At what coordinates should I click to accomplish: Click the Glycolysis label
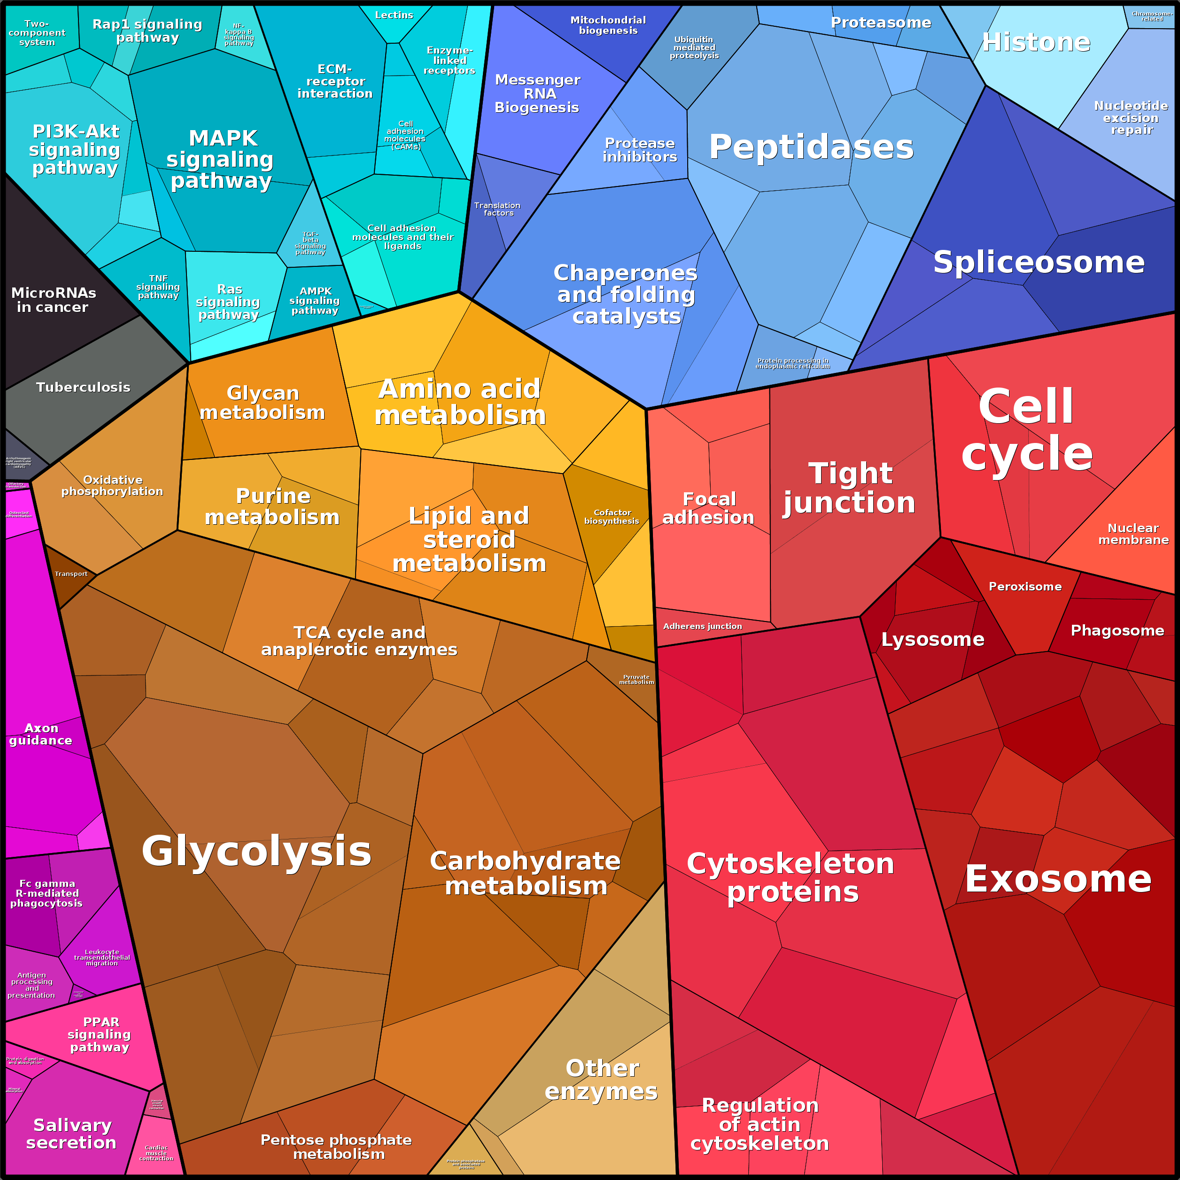pos(256,851)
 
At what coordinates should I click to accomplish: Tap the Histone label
pos(1036,42)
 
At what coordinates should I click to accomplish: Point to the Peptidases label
pos(811,147)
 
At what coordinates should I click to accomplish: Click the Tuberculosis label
pos(83,387)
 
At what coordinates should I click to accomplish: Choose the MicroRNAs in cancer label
pos(53,300)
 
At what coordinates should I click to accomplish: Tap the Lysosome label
pos(932,639)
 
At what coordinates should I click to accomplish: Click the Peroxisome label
pos(1025,586)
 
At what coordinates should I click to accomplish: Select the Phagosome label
pos(1117,630)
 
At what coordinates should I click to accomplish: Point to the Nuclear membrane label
pos(1133,534)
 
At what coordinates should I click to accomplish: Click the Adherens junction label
pos(702,626)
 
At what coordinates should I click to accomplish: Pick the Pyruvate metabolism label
pos(637,679)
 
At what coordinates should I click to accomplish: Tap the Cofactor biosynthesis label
pos(612,517)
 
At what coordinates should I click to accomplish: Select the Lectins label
pos(394,15)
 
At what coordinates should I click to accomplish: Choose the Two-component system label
pos(37,33)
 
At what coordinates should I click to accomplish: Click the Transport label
pos(71,574)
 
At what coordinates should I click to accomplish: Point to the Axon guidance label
pos(41,734)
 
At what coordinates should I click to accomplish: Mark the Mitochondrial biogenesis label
pos(608,25)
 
